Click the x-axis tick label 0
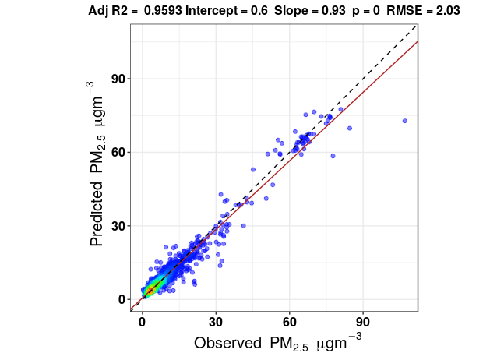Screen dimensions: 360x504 pos(142,321)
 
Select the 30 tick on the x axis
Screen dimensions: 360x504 pos(216,321)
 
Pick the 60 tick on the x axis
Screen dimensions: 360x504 pos(290,321)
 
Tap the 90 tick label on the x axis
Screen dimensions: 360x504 pos(363,321)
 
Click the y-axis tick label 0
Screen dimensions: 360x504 pos(121,299)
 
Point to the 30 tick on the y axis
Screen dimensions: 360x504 pos(117,226)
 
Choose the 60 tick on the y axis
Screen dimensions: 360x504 pos(117,153)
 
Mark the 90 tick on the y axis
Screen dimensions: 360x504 pos(117,79)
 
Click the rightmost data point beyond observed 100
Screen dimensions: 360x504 pos(404,121)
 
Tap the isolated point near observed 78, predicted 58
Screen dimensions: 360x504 pos(333,156)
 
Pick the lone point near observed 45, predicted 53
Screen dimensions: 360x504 pos(252,169)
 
